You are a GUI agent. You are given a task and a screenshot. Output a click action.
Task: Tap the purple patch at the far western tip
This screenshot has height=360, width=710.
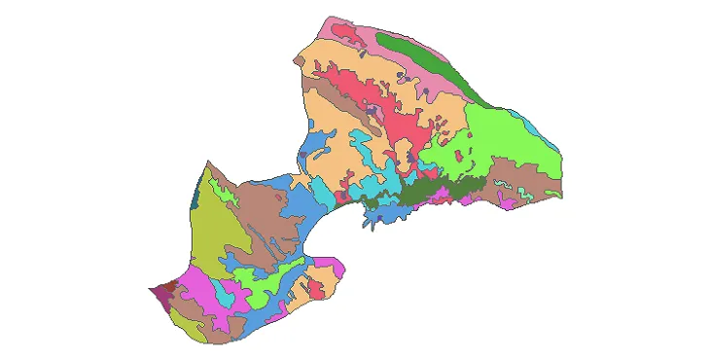[157, 291]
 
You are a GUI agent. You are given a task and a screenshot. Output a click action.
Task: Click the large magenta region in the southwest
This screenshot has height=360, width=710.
[199, 287]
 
